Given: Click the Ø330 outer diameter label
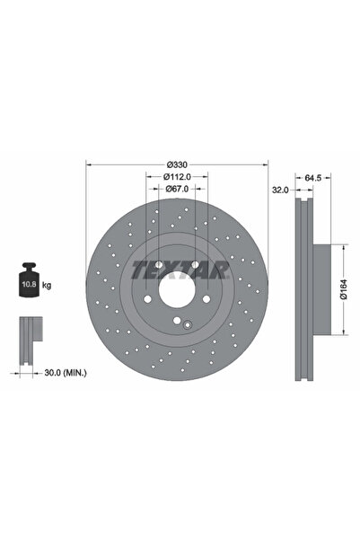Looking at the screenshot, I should tap(177, 165).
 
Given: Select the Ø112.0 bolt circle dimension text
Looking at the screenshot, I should tap(177, 178).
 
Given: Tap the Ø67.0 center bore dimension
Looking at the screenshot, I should tap(177, 190).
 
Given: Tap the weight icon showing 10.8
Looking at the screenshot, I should tap(28, 284).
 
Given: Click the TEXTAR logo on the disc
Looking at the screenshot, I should tap(180, 269).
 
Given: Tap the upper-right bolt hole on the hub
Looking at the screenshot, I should tap(197, 266).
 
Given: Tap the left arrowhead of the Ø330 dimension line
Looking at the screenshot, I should tap(88, 165).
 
